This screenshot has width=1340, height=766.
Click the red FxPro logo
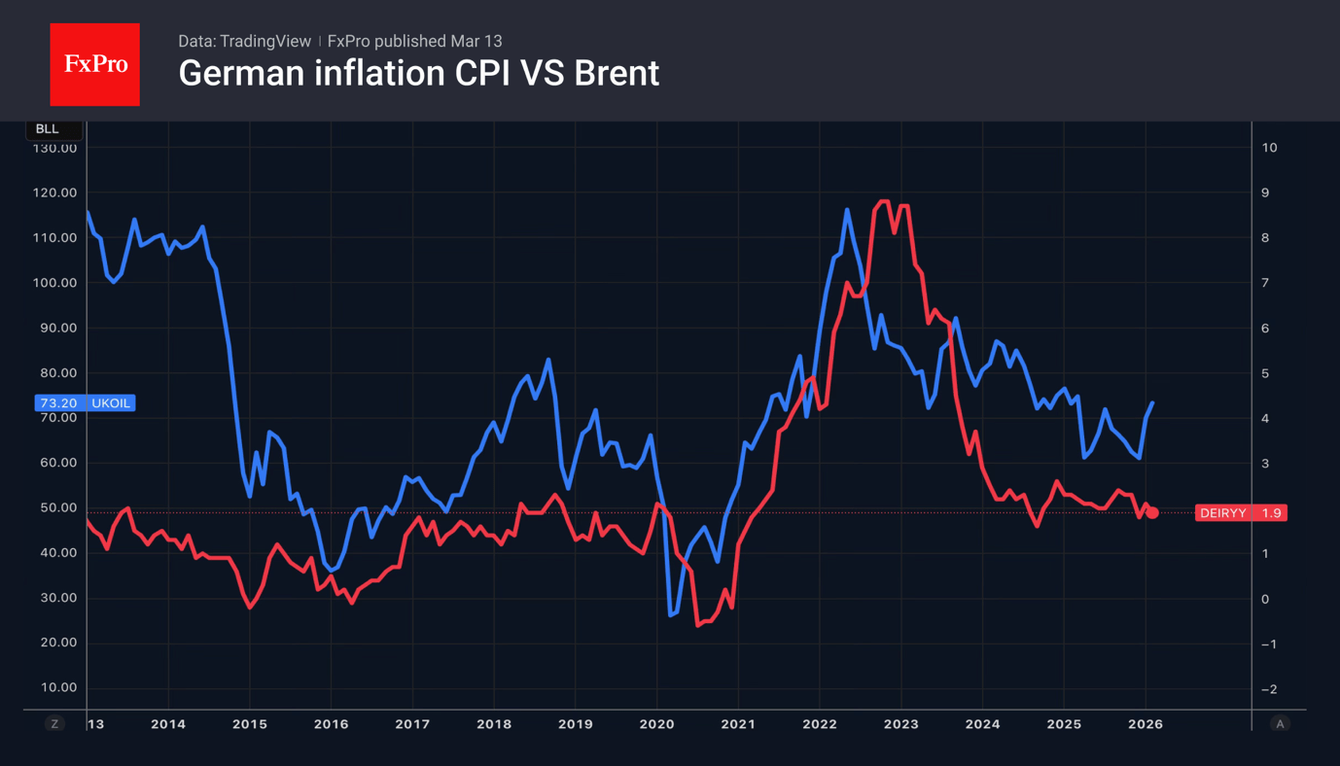point(94,64)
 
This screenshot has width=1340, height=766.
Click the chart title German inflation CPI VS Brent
point(418,74)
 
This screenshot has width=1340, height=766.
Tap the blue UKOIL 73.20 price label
point(85,402)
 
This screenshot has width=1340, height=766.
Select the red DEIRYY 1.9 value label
point(1241,513)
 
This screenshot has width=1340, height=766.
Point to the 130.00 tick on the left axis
point(54,148)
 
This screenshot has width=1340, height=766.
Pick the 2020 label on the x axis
point(656,724)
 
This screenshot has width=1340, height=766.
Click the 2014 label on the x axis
point(168,724)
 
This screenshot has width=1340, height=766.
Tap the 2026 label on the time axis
point(1145,724)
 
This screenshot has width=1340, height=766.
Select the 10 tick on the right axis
point(1269,148)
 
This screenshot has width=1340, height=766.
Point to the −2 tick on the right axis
point(1269,689)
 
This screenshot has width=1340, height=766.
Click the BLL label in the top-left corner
point(47,129)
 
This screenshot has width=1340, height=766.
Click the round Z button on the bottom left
point(54,724)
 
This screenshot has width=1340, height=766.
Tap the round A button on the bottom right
point(1280,724)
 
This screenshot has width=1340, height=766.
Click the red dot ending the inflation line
point(1152,512)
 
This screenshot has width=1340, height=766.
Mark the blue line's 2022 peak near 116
point(847,209)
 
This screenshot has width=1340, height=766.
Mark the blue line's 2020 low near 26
point(671,614)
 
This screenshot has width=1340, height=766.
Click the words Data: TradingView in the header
point(244,42)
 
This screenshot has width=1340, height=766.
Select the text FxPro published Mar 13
point(414,42)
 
